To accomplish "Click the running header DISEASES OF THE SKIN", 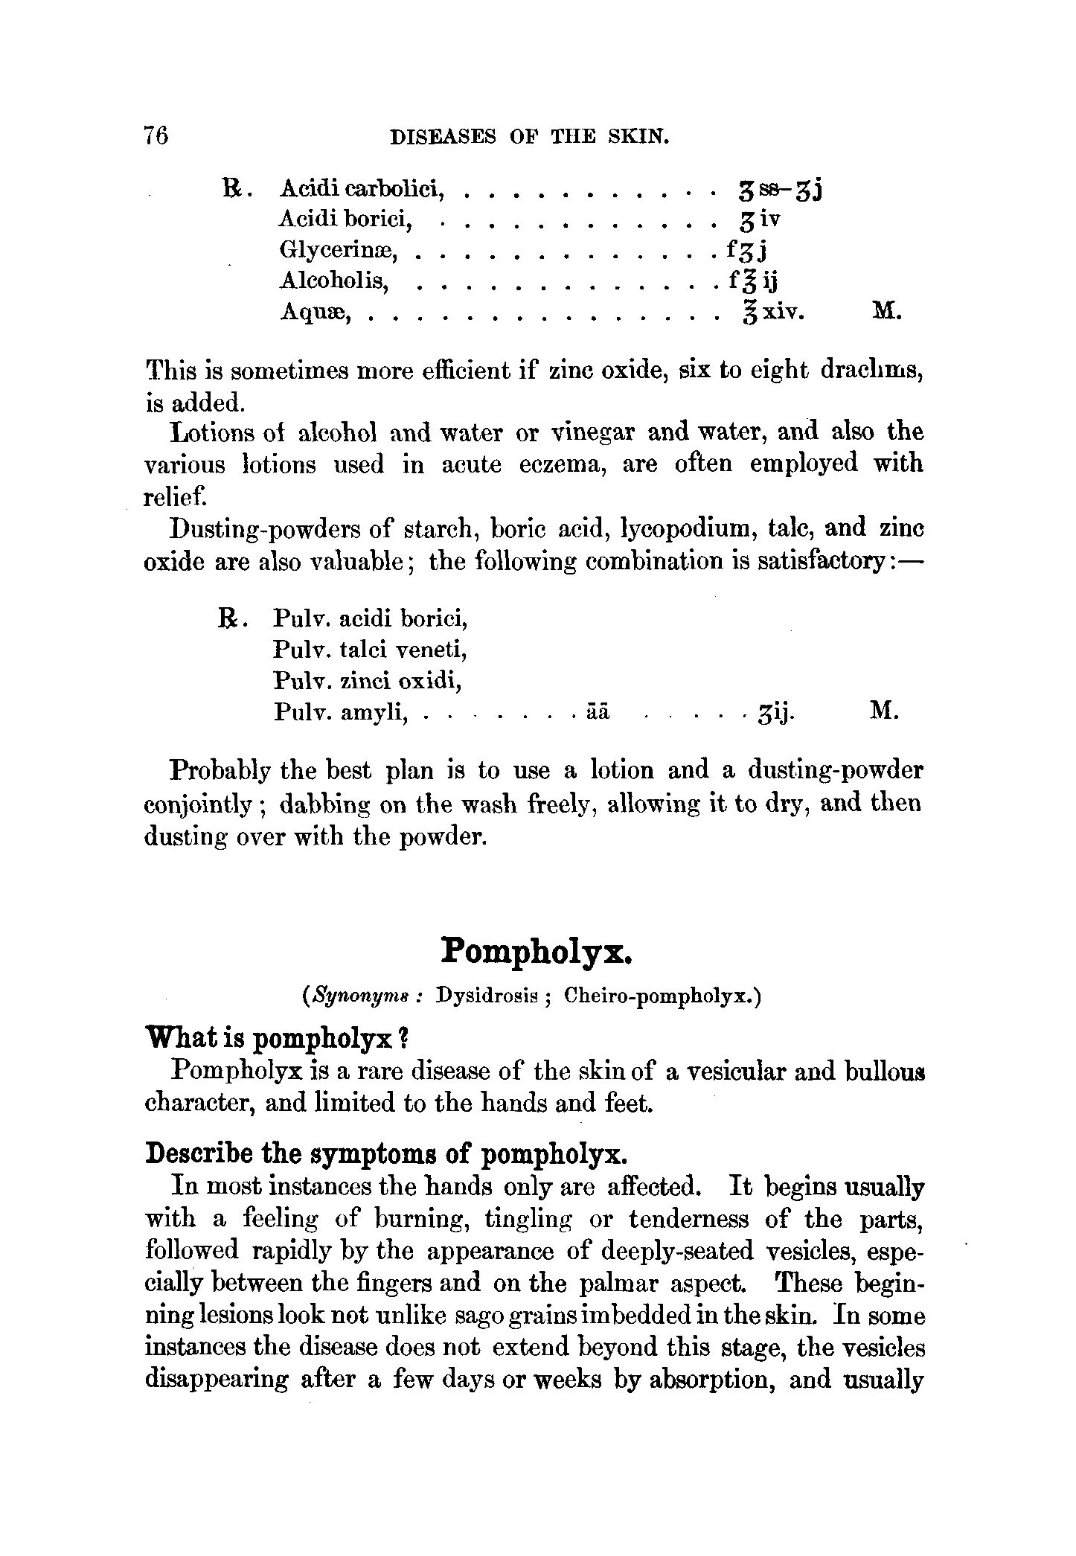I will [531, 137].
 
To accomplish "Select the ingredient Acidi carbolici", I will [362, 191].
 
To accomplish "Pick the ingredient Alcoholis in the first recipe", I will [335, 281].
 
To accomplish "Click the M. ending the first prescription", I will [886, 311].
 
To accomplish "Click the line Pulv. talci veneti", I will [370, 650].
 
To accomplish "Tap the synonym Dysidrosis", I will [488, 996].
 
